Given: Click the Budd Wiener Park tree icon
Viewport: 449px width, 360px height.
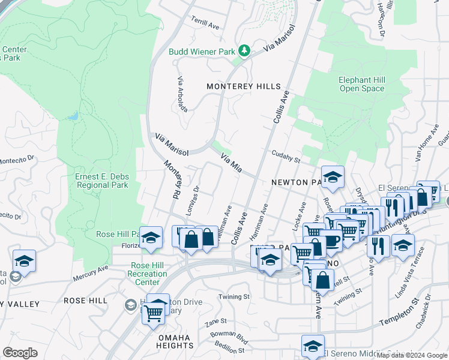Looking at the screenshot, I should pyautogui.click(x=244, y=51).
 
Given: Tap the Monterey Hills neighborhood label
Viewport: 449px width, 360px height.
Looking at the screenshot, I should pyautogui.click(x=243, y=86).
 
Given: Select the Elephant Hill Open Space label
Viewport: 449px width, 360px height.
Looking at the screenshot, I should pyautogui.click(x=361, y=84).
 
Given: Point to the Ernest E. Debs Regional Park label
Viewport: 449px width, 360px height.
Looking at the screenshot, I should pyautogui.click(x=102, y=181).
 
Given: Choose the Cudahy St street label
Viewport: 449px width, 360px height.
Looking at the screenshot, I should pyautogui.click(x=285, y=156).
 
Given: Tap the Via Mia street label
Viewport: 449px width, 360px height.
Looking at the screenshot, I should pyautogui.click(x=231, y=164).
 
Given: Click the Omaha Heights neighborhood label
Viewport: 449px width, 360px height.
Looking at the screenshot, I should pyautogui.click(x=176, y=341).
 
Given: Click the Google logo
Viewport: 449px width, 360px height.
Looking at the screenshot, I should pyautogui.click(x=20, y=352).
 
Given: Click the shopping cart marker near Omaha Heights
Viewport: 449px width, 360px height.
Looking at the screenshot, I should pyautogui.click(x=154, y=312).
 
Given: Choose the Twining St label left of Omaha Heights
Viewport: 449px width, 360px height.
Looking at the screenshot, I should pyautogui.click(x=234, y=297).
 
